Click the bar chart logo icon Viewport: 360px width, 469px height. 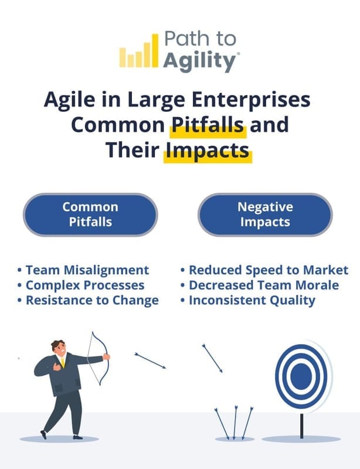coord(139,51)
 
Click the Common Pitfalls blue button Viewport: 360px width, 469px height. coord(90,215)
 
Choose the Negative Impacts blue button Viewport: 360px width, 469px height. coord(265,215)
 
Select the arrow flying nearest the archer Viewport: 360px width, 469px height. coord(150,361)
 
